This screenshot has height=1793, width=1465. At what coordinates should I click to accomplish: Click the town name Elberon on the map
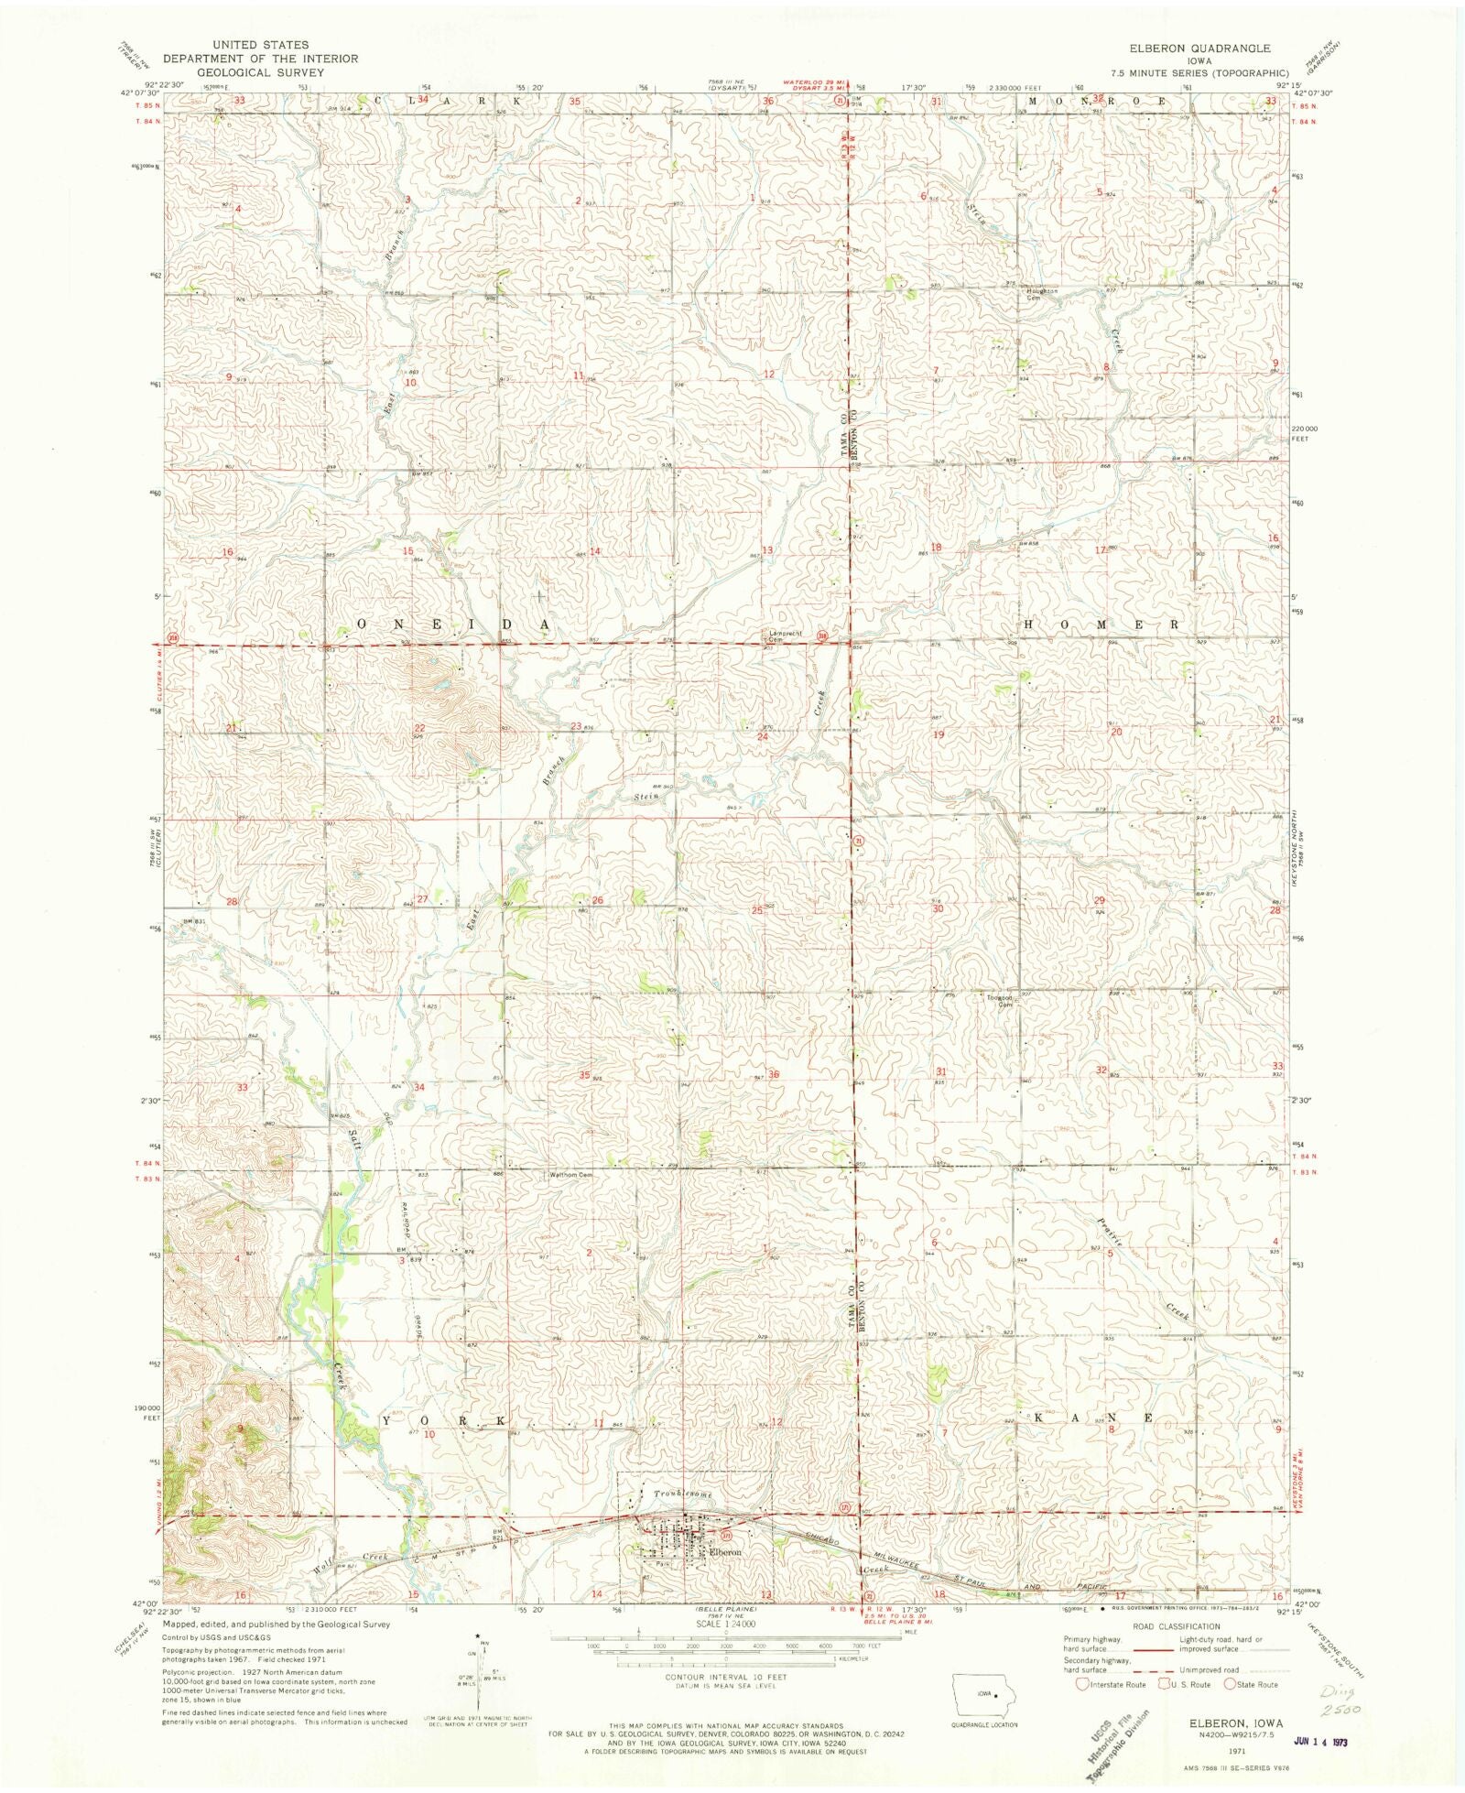pyautogui.click(x=724, y=1553)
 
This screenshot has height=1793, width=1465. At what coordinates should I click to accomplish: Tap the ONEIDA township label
pyautogui.click(x=453, y=625)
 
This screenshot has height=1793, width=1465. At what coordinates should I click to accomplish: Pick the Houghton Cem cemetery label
pyautogui.click(x=1041, y=294)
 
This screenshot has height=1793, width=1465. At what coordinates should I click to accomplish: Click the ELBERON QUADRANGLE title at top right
pyautogui.click(x=1201, y=48)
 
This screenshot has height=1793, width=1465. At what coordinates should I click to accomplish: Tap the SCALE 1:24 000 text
pyautogui.click(x=724, y=1624)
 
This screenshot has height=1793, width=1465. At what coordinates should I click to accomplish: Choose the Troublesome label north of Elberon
pyautogui.click(x=682, y=1494)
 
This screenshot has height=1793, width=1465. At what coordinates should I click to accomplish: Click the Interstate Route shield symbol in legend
pyautogui.click(x=1082, y=1684)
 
